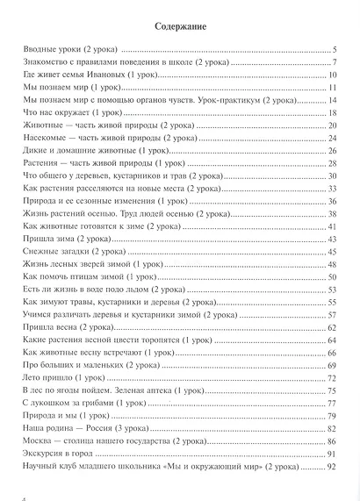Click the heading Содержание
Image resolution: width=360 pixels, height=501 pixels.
(180, 26)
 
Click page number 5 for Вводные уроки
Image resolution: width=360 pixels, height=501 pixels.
(335, 52)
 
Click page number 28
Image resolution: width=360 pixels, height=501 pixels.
(333, 163)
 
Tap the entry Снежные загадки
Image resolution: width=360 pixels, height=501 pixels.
(66, 251)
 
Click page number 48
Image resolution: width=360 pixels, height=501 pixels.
(333, 263)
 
